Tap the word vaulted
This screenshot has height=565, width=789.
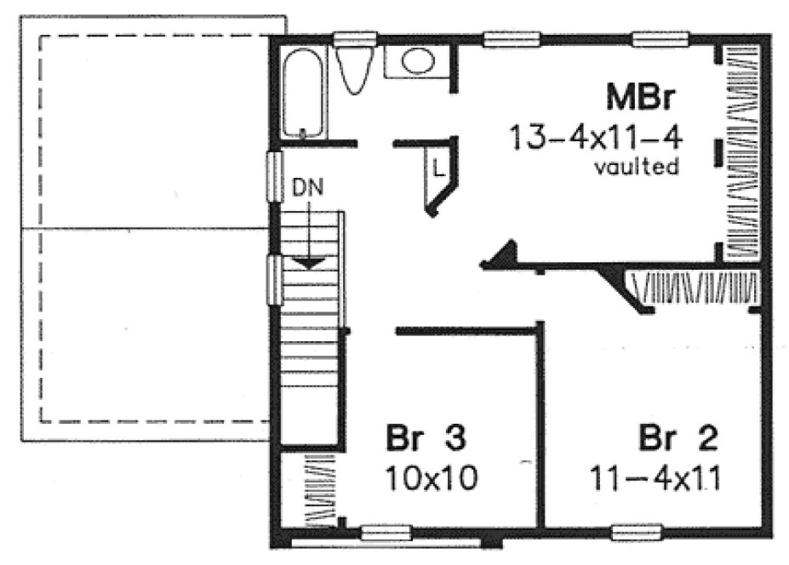click(636, 167)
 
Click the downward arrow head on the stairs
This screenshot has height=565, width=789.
click(308, 263)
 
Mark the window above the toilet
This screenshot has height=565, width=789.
click(354, 38)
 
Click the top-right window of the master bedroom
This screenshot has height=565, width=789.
click(660, 38)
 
